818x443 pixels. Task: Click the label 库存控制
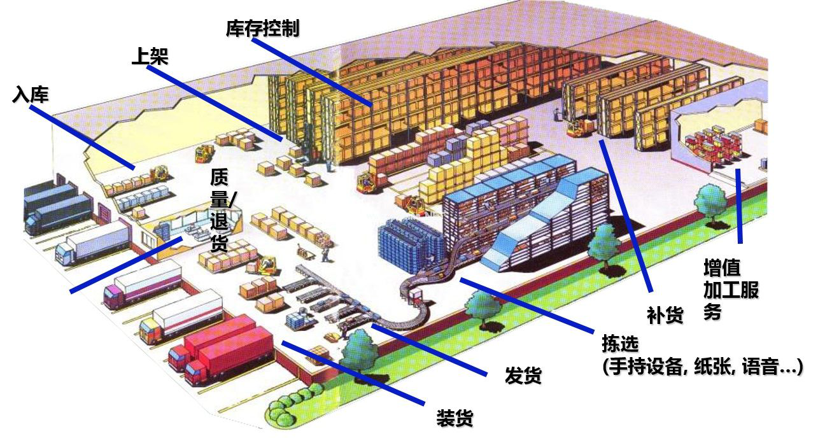point(262,28)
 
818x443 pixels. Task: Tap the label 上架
point(150,56)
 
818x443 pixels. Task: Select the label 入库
point(31,95)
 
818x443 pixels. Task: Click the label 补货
point(665,315)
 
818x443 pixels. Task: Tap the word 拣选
point(620,344)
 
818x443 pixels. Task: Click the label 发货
point(523,375)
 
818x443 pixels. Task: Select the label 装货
point(455,418)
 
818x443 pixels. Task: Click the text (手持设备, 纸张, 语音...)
point(703,367)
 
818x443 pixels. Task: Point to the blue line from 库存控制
point(312,72)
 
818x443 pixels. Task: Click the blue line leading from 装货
point(353,373)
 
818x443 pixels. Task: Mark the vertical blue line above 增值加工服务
point(739,206)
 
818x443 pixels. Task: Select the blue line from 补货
point(626,216)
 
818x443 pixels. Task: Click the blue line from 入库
point(81,137)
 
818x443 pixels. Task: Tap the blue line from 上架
point(215,103)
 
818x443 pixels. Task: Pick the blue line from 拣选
point(527,306)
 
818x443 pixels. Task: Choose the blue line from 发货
point(429,349)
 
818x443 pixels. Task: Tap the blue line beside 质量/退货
point(126,265)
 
